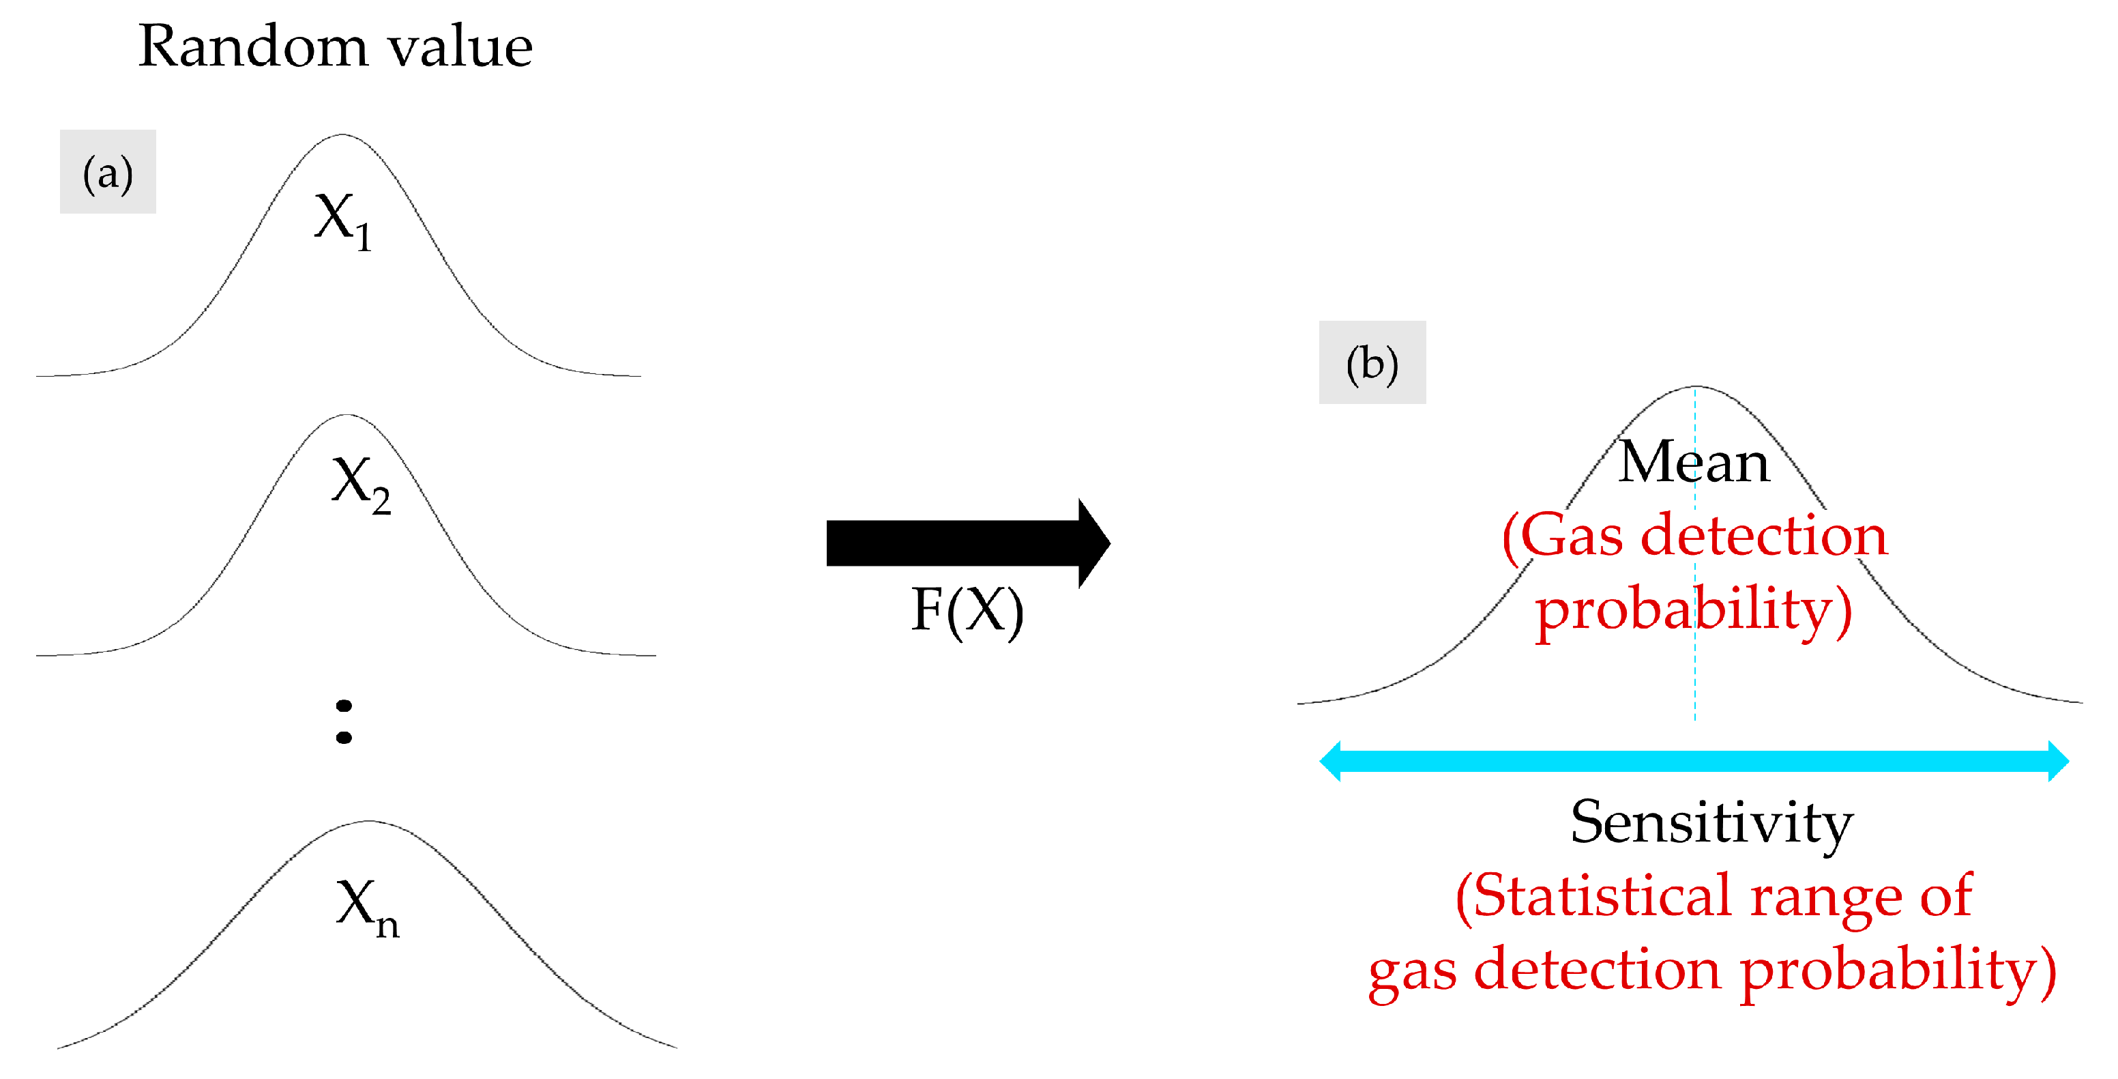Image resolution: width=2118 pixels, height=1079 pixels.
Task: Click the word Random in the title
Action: pos(252,47)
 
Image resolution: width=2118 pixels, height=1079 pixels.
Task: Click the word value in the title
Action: pos(460,47)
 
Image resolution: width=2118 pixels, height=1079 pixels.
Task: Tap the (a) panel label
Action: pos(108,173)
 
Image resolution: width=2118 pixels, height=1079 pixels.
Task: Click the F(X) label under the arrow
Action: pos(967,611)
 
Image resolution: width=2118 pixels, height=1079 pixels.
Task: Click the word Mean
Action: pos(1694,462)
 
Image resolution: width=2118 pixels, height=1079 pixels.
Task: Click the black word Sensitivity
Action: pos(1712,822)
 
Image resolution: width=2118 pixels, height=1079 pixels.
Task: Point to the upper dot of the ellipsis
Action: pos(344,706)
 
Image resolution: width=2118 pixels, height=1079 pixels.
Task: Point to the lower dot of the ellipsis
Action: pos(344,738)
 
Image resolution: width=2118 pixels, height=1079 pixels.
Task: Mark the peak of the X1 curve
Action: pos(342,135)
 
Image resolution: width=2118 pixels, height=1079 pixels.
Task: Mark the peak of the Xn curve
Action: pos(368,822)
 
